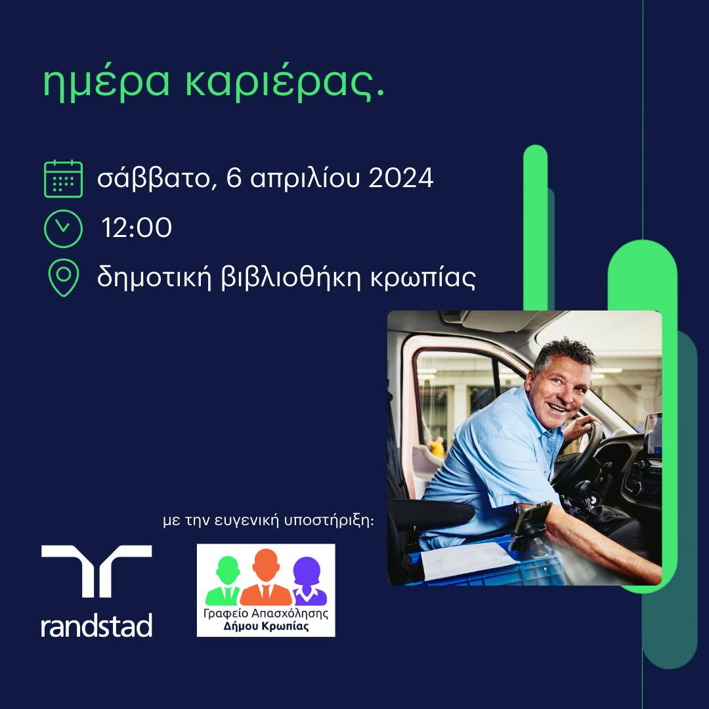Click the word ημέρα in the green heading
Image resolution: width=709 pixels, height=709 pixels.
[x=106, y=84]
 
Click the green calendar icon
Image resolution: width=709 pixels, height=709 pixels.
[x=63, y=179]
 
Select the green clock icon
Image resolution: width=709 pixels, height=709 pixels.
[x=63, y=229]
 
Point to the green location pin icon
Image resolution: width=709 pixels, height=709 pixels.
[x=64, y=278]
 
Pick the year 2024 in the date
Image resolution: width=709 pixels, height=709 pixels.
[x=401, y=178]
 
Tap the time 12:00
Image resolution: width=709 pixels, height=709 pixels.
[x=137, y=227]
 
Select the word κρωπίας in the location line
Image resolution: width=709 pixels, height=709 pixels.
[x=423, y=278]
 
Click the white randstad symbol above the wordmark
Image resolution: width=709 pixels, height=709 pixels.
[x=97, y=571]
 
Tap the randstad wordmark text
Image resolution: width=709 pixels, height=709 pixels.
[x=97, y=626]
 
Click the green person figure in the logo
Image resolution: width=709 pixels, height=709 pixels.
[x=225, y=581]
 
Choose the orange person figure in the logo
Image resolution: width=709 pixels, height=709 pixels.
[x=266, y=578]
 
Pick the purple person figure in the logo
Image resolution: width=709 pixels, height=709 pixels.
[x=309, y=582]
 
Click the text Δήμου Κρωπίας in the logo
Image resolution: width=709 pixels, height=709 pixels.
[x=267, y=627]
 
